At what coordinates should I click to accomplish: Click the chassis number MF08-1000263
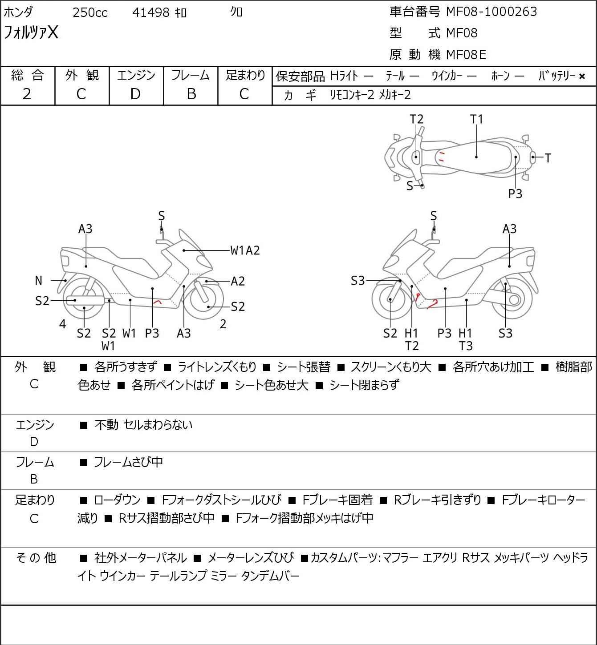click(491, 12)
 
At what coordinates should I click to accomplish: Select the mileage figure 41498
click(151, 12)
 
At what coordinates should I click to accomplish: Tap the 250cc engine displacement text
click(90, 12)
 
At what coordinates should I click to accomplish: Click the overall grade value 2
click(27, 94)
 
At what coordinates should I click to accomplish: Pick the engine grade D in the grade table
click(135, 94)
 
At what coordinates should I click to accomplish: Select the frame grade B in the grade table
click(191, 94)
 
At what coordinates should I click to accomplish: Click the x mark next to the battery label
click(582, 77)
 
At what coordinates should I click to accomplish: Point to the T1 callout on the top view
click(476, 119)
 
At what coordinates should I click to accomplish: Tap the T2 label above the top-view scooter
click(417, 119)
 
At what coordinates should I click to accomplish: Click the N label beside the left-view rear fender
click(38, 280)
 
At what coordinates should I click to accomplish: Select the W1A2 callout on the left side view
click(245, 250)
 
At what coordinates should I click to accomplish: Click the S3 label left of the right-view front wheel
click(357, 280)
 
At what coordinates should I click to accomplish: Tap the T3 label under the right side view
click(466, 346)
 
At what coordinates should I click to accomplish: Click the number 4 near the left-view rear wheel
click(63, 324)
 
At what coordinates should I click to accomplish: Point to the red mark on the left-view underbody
click(158, 302)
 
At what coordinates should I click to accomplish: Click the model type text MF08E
click(466, 55)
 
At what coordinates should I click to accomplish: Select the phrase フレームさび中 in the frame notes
click(128, 462)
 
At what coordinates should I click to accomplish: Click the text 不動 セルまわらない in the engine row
click(143, 424)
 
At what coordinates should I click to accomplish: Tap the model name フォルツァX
click(31, 32)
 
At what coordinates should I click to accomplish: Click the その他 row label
click(36, 558)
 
